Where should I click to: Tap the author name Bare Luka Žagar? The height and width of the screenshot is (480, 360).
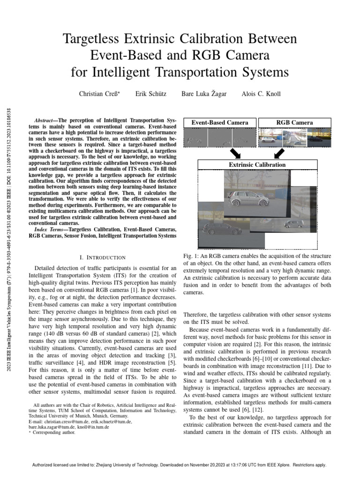pos(204,94)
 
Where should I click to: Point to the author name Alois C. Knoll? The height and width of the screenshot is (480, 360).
pos(261,94)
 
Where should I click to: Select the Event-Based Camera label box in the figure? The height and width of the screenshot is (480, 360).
pos(219,123)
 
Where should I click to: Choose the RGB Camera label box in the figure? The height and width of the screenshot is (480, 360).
pos(294,123)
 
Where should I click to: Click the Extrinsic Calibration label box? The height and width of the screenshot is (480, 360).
pos(256,165)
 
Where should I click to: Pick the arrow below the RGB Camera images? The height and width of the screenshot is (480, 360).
pos(279,153)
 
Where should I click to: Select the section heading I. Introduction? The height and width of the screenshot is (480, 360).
pos(103,257)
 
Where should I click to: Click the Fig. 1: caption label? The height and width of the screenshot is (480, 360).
pos(191,256)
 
